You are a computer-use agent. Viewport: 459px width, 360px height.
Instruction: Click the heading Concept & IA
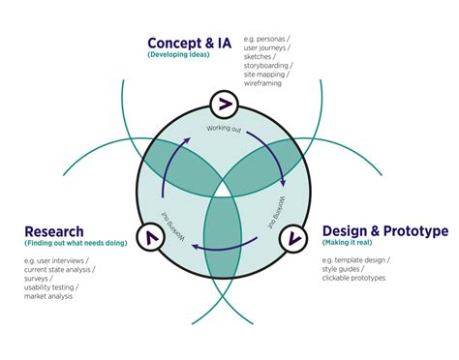(x=191, y=43)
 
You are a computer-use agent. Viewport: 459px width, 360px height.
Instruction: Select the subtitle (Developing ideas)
(x=179, y=56)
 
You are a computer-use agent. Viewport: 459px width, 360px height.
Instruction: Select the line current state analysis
(x=60, y=269)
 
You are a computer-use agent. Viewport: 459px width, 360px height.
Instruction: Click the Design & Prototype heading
(x=384, y=232)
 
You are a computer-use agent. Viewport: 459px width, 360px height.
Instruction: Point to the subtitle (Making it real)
(x=348, y=246)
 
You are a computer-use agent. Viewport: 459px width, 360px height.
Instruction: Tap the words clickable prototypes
(x=353, y=278)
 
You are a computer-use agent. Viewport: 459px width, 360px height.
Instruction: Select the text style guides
(x=346, y=269)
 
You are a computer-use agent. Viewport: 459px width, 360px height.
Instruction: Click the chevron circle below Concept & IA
(x=223, y=104)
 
